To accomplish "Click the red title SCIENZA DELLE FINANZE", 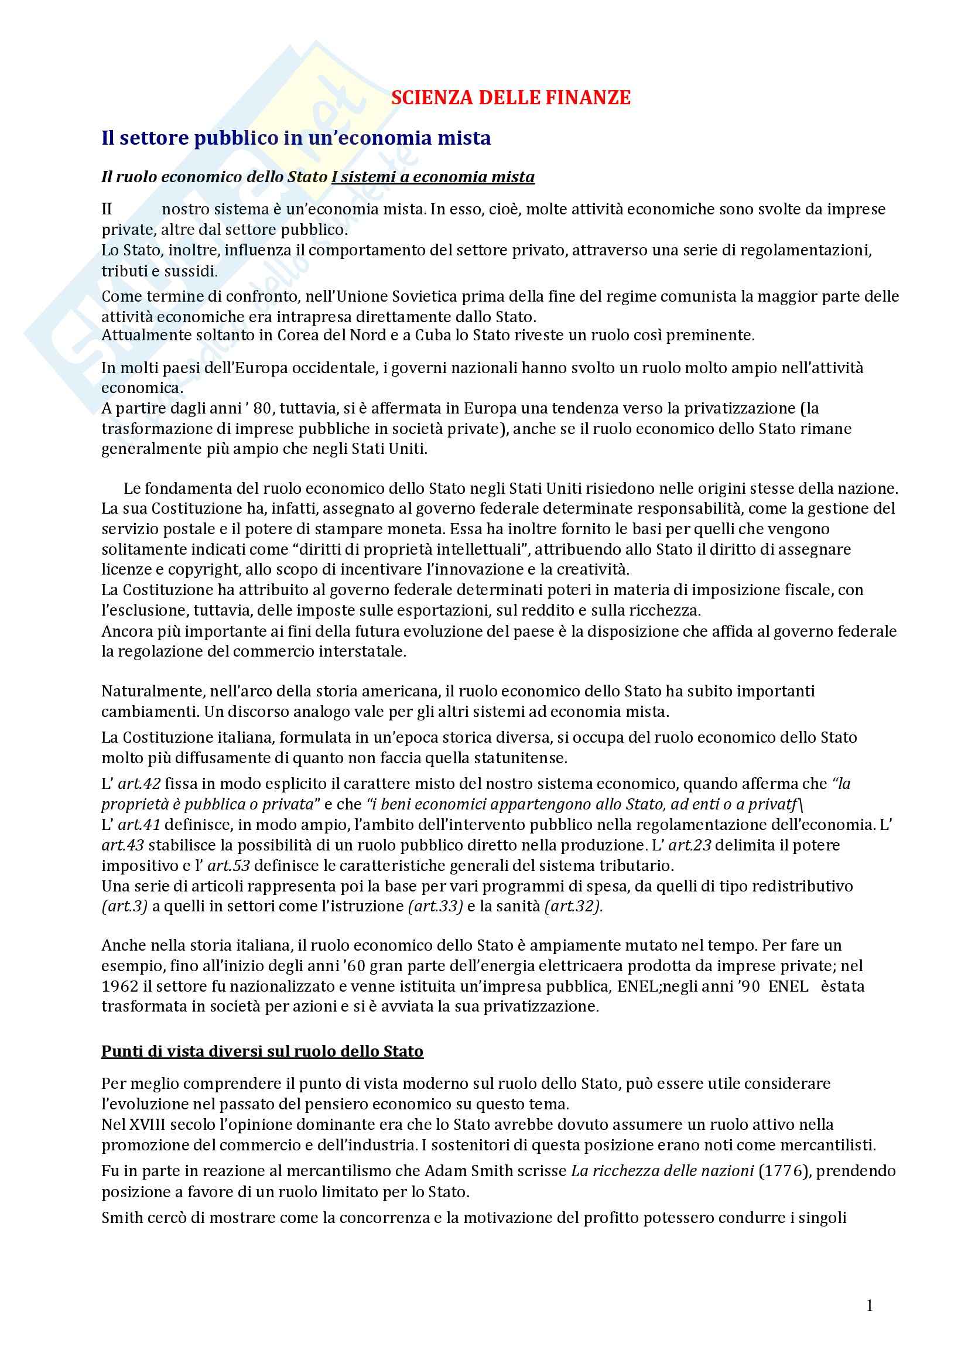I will point(511,98).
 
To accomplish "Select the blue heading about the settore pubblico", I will point(296,138).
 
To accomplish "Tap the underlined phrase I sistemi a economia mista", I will point(433,177).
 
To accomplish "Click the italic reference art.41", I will point(139,825).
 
